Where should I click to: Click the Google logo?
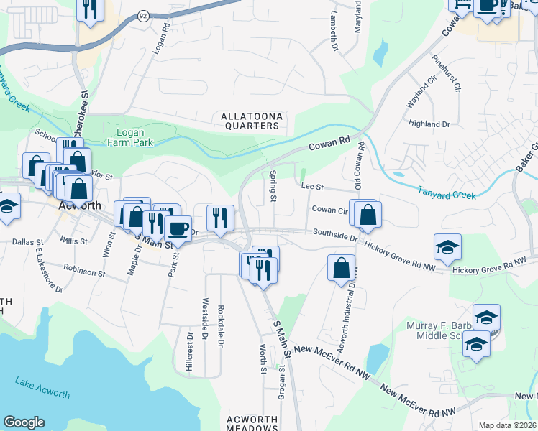pos(24,422)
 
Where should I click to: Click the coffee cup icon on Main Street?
pos(178,228)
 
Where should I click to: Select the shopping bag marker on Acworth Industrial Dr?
pos(341,268)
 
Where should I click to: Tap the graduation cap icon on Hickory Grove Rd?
pos(447,247)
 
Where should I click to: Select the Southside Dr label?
pos(335,233)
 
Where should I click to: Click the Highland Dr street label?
pos(429,124)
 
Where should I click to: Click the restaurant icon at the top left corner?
pos(90,9)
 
